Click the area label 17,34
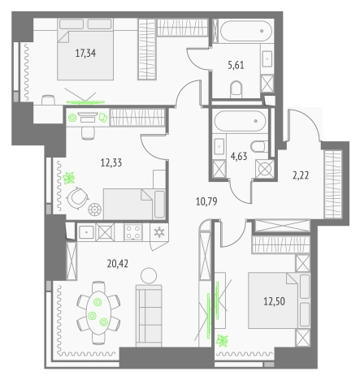click(x=85, y=54)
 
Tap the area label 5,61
click(x=236, y=65)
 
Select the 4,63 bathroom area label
click(x=239, y=156)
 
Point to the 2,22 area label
click(x=301, y=175)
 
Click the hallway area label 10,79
click(x=206, y=201)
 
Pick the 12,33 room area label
click(x=111, y=162)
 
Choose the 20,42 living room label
click(x=118, y=263)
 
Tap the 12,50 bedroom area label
click(x=274, y=301)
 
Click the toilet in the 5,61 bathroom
click(x=236, y=89)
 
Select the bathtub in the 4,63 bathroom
click(x=240, y=121)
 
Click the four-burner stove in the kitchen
click(x=133, y=232)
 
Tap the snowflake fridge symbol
click(x=159, y=232)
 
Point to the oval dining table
click(x=98, y=313)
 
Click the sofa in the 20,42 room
click(x=149, y=316)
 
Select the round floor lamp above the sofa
click(x=149, y=276)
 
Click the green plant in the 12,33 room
click(x=68, y=178)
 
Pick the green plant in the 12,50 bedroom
click(x=222, y=341)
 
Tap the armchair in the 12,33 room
click(x=77, y=198)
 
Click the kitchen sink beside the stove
click(x=86, y=232)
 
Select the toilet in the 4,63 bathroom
click(x=259, y=146)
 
